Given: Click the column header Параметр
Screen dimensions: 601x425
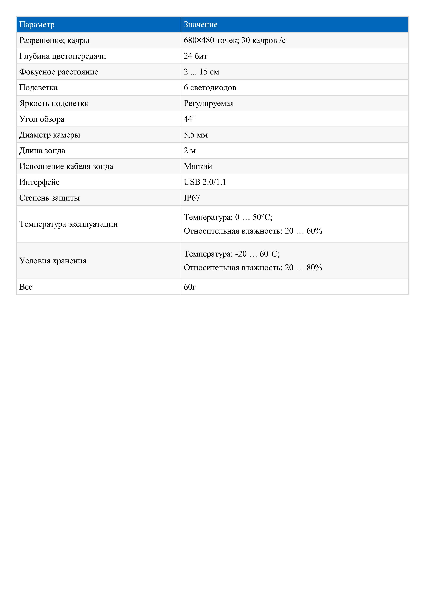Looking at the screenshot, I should (x=37, y=25).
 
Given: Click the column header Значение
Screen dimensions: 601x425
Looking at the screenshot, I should (x=201, y=25).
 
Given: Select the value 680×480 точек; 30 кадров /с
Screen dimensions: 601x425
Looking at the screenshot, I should (x=234, y=40).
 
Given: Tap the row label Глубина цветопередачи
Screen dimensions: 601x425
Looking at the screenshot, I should (x=63, y=56).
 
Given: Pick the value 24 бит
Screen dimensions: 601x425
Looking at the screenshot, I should (x=195, y=56).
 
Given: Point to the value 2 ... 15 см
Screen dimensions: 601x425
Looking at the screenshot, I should (x=201, y=72).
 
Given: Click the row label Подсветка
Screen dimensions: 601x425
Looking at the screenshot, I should (x=38, y=87).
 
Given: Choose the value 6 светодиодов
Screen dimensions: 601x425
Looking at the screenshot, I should (x=210, y=87).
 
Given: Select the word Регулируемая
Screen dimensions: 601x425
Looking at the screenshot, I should (x=209, y=103).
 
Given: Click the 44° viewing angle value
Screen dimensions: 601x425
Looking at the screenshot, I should (x=190, y=119).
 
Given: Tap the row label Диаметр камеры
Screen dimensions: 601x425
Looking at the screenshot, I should (x=50, y=135).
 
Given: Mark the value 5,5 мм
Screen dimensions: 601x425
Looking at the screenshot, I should (x=196, y=135).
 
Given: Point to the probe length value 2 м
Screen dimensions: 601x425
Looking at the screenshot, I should (x=190, y=151).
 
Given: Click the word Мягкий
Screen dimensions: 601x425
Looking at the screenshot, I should (x=198, y=166).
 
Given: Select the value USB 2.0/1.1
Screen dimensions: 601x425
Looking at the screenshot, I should (x=205, y=182).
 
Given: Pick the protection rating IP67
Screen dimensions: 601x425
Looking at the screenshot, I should (x=192, y=198).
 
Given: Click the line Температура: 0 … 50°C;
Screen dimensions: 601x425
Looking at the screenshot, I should (x=228, y=217).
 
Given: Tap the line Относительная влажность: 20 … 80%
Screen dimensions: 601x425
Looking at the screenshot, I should (x=253, y=268).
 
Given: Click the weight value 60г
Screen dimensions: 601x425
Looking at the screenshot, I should (x=190, y=287).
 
